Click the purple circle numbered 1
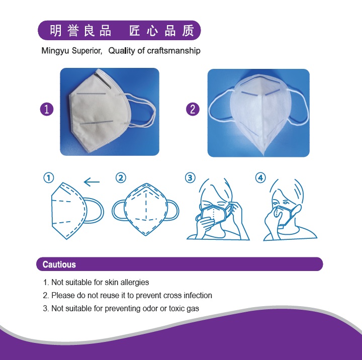click(x=47, y=109)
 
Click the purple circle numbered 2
click(x=193, y=109)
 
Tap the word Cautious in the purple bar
click(x=59, y=264)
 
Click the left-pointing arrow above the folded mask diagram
click(x=92, y=182)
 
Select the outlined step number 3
click(x=190, y=178)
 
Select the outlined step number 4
click(x=260, y=178)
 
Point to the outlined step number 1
click(x=48, y=178)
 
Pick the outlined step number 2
click(x=121, y=178)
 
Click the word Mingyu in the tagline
click(x=55, y=51)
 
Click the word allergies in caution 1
click(x=135, y=282)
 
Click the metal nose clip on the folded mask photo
click(x=103, y=80)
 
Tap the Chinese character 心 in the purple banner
click(x=152, y=31)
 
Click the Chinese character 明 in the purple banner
click(x=56, y=31)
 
